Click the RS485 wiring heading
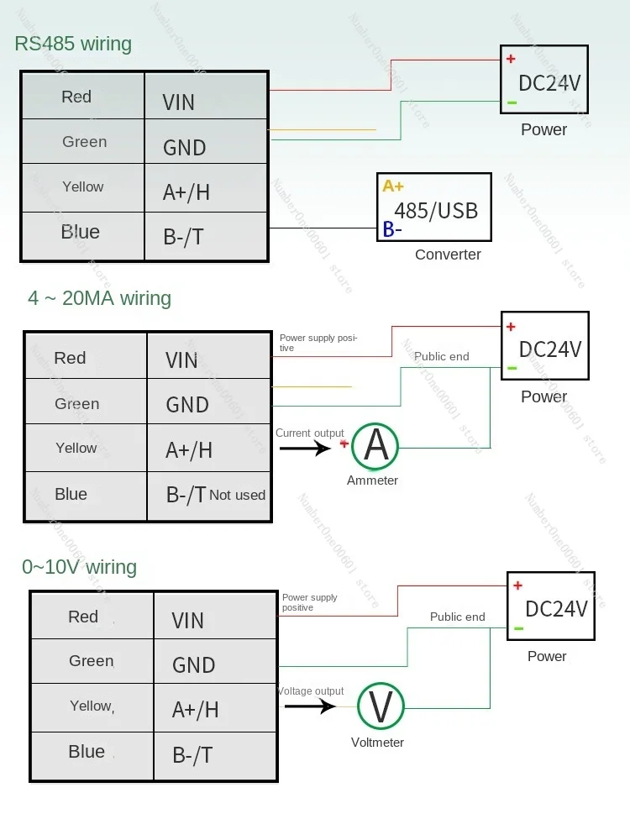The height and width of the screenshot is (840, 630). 73,44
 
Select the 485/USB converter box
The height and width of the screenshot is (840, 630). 434,207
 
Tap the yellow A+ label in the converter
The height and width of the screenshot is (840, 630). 393,186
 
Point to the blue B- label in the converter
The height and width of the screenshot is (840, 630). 392,229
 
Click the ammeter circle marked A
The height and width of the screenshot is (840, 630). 375,446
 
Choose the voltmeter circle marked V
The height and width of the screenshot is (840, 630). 381,706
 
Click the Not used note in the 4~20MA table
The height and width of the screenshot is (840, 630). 237,496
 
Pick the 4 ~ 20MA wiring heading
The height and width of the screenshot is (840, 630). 99,298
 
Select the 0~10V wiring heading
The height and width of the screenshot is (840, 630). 79,567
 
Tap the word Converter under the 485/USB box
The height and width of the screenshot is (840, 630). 448,255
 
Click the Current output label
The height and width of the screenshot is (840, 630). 310,433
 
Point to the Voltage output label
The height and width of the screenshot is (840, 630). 311,691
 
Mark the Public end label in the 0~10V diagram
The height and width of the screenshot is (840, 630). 457,617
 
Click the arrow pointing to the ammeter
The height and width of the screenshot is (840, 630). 306,448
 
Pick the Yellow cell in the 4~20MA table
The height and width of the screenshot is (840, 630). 76,449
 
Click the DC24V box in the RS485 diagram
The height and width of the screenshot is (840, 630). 544,80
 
